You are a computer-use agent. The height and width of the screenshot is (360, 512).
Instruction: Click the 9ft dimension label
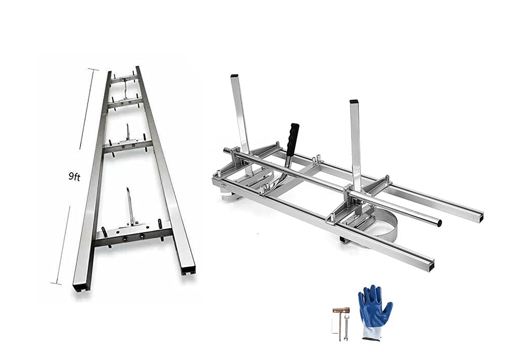tap(74, 177)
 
